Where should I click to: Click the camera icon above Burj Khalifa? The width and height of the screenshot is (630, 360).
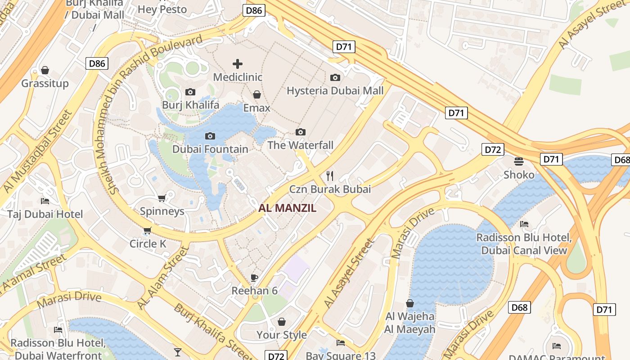190,92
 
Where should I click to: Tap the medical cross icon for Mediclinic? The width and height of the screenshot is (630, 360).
237,64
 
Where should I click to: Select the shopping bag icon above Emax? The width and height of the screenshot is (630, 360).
256,94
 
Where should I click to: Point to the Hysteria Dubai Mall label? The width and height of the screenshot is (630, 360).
335,90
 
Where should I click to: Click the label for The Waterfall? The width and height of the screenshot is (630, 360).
300,145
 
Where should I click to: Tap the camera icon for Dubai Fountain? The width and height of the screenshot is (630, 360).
210,136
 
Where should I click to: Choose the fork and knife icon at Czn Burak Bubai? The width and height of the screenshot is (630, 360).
330,175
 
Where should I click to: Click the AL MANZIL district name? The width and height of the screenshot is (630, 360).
287,208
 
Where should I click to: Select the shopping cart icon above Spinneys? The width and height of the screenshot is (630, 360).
162,198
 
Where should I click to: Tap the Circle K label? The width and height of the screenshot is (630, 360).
148,244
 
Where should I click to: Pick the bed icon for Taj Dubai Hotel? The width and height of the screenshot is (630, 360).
45,201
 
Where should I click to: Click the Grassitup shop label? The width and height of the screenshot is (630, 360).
45,83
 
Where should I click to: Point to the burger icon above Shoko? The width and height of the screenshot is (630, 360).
519,161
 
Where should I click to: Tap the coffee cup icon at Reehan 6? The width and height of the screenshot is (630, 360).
254,278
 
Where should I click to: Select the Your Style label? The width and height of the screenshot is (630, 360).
281,335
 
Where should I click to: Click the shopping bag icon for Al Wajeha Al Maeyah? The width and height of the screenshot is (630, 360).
409,303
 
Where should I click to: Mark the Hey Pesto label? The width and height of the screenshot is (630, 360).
162,9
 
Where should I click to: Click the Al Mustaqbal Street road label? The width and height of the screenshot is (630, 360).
37,152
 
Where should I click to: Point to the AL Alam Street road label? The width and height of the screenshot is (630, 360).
162,278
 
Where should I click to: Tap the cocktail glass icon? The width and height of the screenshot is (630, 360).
178,352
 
